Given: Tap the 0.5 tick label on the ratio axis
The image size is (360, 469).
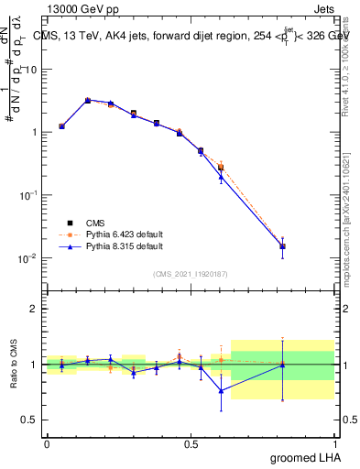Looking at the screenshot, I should [x=30, y=420].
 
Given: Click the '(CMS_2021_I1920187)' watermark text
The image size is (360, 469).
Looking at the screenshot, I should [x=190, y=273].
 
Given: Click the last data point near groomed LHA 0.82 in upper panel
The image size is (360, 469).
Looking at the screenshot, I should [x=282, y=246].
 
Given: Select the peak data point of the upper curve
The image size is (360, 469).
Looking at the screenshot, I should [x=88, y=101].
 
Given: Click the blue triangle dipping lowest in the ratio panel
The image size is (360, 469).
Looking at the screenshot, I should [x=221, y=390].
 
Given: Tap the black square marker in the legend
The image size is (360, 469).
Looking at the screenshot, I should [x=71, y=222].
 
